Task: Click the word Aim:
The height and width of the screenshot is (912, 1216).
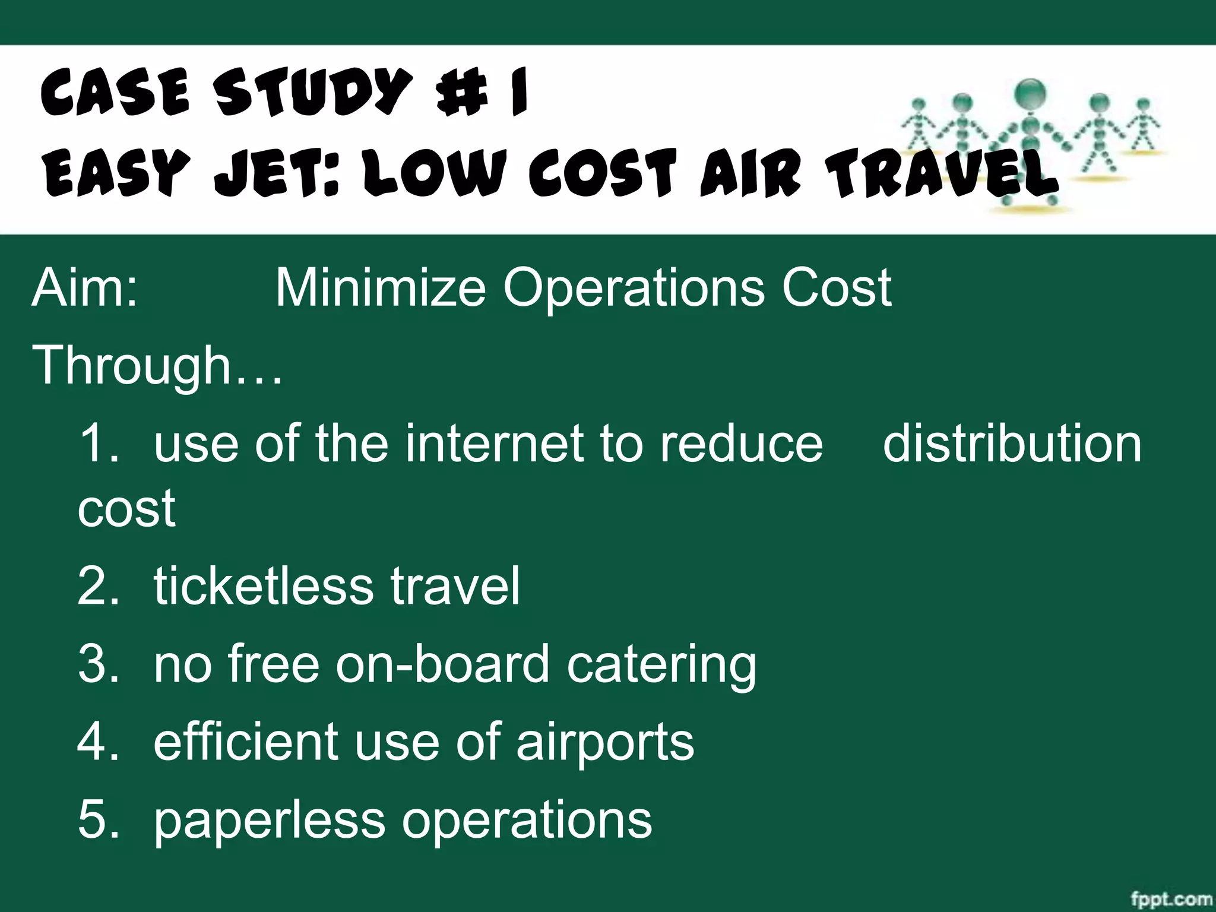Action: [x=85, y=288]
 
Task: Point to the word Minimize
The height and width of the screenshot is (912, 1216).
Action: [x=381, y=288]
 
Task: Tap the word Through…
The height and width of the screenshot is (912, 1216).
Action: [x=158, y=366]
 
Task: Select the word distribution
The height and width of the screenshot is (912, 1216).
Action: [x=1012, y=444]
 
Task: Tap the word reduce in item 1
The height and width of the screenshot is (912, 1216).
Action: [x=742, y=444]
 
